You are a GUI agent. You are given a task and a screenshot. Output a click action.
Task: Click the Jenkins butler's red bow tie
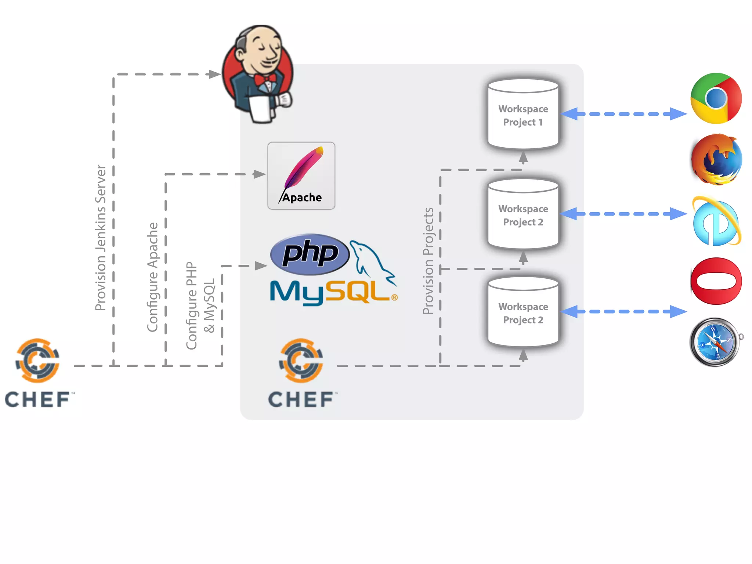click(x=265, y=79)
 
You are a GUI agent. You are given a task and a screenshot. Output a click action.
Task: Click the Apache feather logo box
click(x=301, y=176)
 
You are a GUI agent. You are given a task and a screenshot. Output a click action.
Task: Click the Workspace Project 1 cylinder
click(x=523, y=115)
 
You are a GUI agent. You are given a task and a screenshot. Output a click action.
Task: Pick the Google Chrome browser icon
click(x=716, y=98)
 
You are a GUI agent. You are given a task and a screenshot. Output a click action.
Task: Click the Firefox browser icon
click(x=716, y=160)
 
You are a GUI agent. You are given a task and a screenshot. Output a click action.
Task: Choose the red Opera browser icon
click(x=716, y=281)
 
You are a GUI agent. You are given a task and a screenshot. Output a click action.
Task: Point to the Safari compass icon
click(x=715, y=342)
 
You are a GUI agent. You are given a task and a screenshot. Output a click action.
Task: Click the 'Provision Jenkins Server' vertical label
click(x=101, y=238)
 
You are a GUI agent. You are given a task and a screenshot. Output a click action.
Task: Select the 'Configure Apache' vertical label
click(x=152, y=277)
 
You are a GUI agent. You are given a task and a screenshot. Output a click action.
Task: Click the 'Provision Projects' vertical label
click(x=428, y=261)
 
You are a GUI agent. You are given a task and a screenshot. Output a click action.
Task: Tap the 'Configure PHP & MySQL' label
click(x=200, y=305)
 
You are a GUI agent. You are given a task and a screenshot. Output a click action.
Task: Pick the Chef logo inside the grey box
click(x=301, y=373)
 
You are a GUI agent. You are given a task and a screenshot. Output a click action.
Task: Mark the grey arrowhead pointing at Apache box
click(x=259, y=174)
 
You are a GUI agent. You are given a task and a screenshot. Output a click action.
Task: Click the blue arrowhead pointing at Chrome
click(x=678, y=114)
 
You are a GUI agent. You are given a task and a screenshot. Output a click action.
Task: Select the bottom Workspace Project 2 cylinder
click(x=523, y=312)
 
